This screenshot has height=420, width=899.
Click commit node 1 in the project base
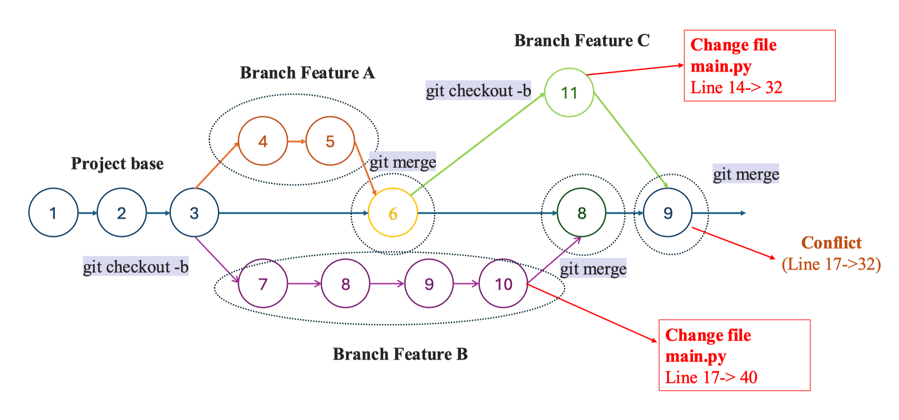(x=53, y=213)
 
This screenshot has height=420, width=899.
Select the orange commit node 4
(x=263, y=141)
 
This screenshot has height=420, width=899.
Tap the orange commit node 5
(x=330, y=141)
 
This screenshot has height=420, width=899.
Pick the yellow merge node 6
(x=393, y=213)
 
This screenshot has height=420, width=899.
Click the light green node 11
(x=569, y=93)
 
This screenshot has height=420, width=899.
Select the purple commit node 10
(x=504, y=284)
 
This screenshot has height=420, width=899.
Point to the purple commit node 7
(x=263, y=284)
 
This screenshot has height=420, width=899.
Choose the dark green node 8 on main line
(x=582, y=213)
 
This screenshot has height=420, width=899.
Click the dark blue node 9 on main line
(x=668, y=213)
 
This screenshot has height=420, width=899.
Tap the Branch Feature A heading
(x=307, y=73)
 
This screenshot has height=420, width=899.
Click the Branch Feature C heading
(x=582, y=41)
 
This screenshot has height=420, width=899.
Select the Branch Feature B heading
(x=400, y=354)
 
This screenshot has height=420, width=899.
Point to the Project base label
(x=117, y=163)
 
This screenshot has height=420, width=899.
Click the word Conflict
(x=831, y=243)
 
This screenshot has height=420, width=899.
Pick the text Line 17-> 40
(x=711, y=377)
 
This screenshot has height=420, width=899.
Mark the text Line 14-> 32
(x=736, y=88)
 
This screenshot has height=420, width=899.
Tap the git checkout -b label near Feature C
(x=478, y=91)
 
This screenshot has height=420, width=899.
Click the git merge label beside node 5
(x=402, y=162)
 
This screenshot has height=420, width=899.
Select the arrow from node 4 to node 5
(x=297, y=141)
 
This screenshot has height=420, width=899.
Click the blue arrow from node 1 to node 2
(x=88, y=213)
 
